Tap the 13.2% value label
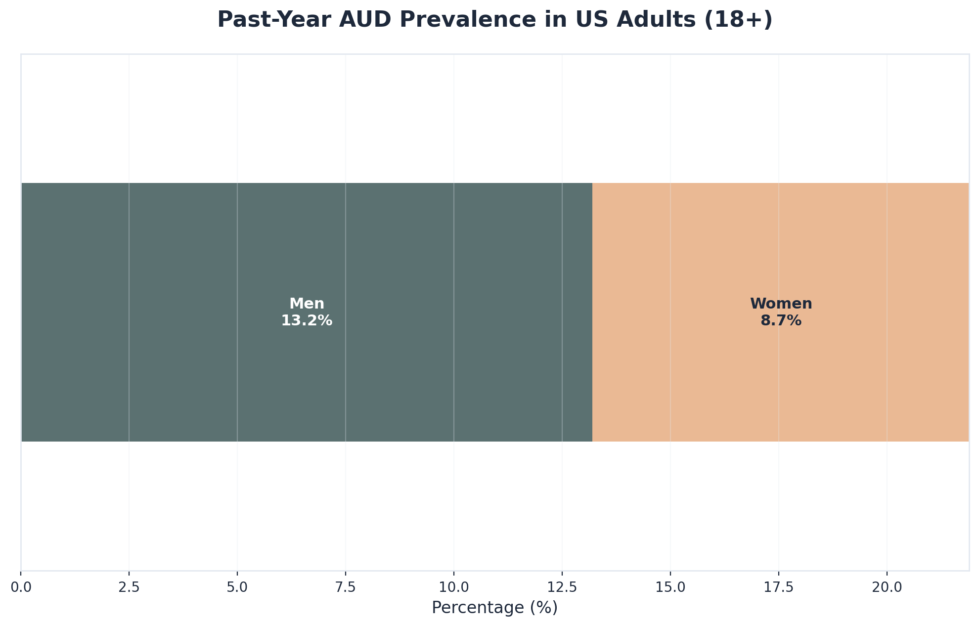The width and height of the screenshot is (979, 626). click(x=307, y=321)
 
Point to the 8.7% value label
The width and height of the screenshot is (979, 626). click(x=781, y=321)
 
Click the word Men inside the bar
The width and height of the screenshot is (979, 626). click(x=307, y=304)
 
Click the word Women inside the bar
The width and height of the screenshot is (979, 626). click(x=781, y=304)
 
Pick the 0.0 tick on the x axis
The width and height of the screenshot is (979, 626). click(x=21, y=587)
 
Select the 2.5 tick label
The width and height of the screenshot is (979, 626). click(x=129, y=587)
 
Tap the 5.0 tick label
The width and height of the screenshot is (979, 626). click(x=237, y=587)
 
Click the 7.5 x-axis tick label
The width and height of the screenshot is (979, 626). click(x=346, y=587)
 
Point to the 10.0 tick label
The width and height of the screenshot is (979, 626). click(x=453, y=587)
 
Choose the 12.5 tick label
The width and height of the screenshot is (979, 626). click(x=562, y=587)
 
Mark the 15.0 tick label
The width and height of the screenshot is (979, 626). click(x=670, y=587)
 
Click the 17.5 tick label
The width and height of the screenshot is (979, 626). click(x=779, y=587)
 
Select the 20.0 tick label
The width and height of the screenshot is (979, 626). click(x=887, y=587)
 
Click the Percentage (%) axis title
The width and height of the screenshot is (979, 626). click(x=494, y=608)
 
